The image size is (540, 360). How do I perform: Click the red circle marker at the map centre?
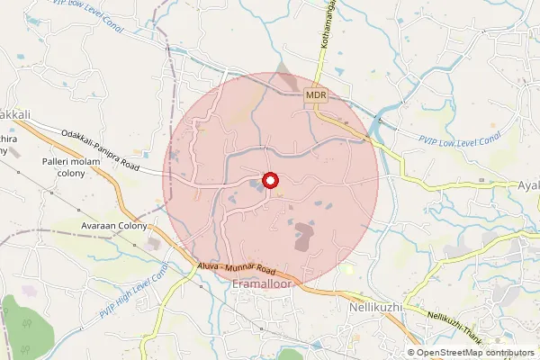point(270,180)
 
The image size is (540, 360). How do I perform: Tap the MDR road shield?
point(315,94)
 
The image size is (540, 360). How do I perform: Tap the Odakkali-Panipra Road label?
point(101,149)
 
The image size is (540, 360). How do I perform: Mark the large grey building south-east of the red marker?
point(304,237)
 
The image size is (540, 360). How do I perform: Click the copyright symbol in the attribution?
point(410,353)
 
